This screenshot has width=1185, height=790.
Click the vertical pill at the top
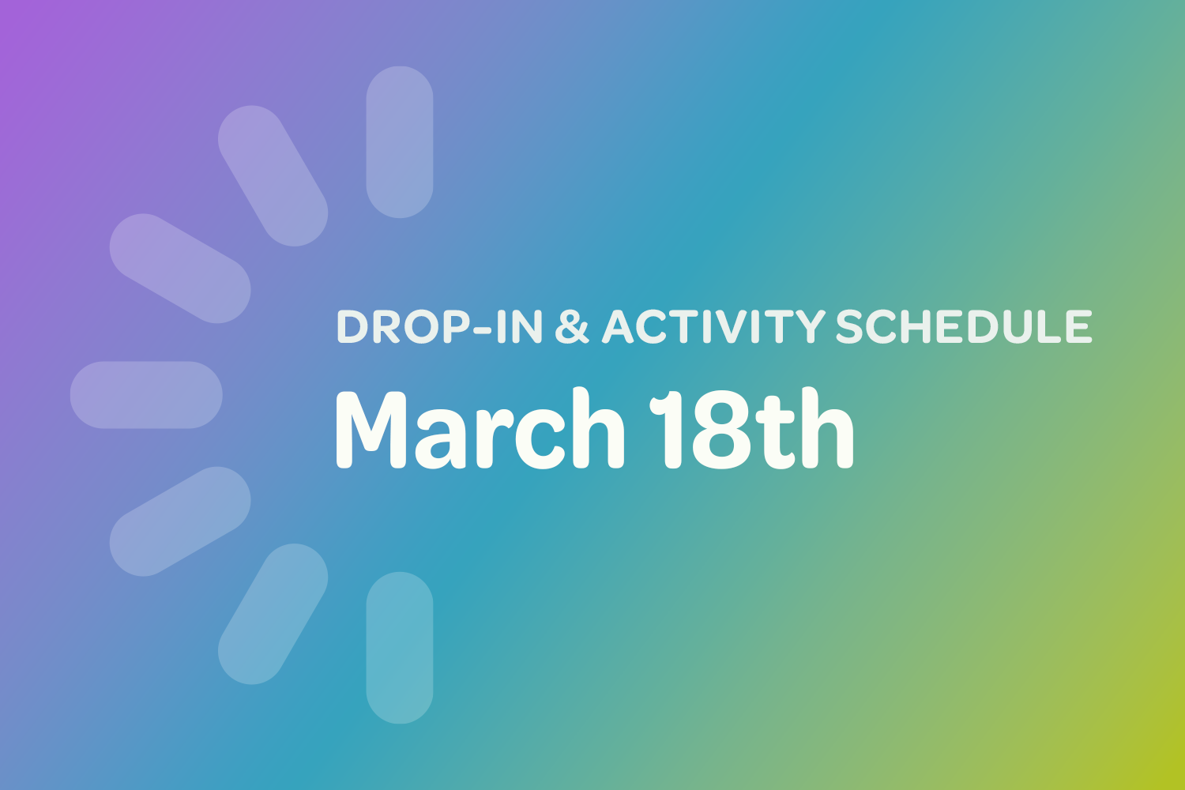point(400,142)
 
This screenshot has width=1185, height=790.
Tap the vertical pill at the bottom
point(400,648)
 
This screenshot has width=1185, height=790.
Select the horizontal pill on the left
point(146,395)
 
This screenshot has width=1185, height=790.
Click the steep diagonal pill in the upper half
point(273,175)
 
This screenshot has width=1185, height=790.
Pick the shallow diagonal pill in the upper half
point(180,269)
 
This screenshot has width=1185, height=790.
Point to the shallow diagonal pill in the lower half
point(180,521)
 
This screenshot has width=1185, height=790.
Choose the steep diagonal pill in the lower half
point(273,614)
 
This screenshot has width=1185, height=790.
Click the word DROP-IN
point(439,327)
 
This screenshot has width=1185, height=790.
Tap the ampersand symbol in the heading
point(572,327)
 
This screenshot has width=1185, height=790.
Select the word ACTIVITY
point(713,327)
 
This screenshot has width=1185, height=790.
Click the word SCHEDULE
point(964,327)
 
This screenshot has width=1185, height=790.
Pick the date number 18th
point(751,431)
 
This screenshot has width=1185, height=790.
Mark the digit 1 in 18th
point(665,431)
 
